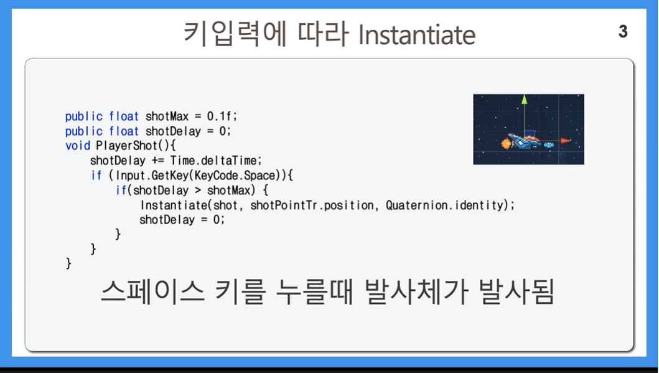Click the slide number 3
(623, 32)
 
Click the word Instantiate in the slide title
(416, 35)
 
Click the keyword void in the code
(78, 146)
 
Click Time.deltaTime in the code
(215, 161)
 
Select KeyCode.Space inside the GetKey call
(235, 176)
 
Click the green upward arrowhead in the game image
(524, 99)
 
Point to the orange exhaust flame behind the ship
(505, 144)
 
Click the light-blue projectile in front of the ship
(549, 145)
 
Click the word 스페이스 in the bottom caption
(152, 291)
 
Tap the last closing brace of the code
(68, 263)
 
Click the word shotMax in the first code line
(167, 116)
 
